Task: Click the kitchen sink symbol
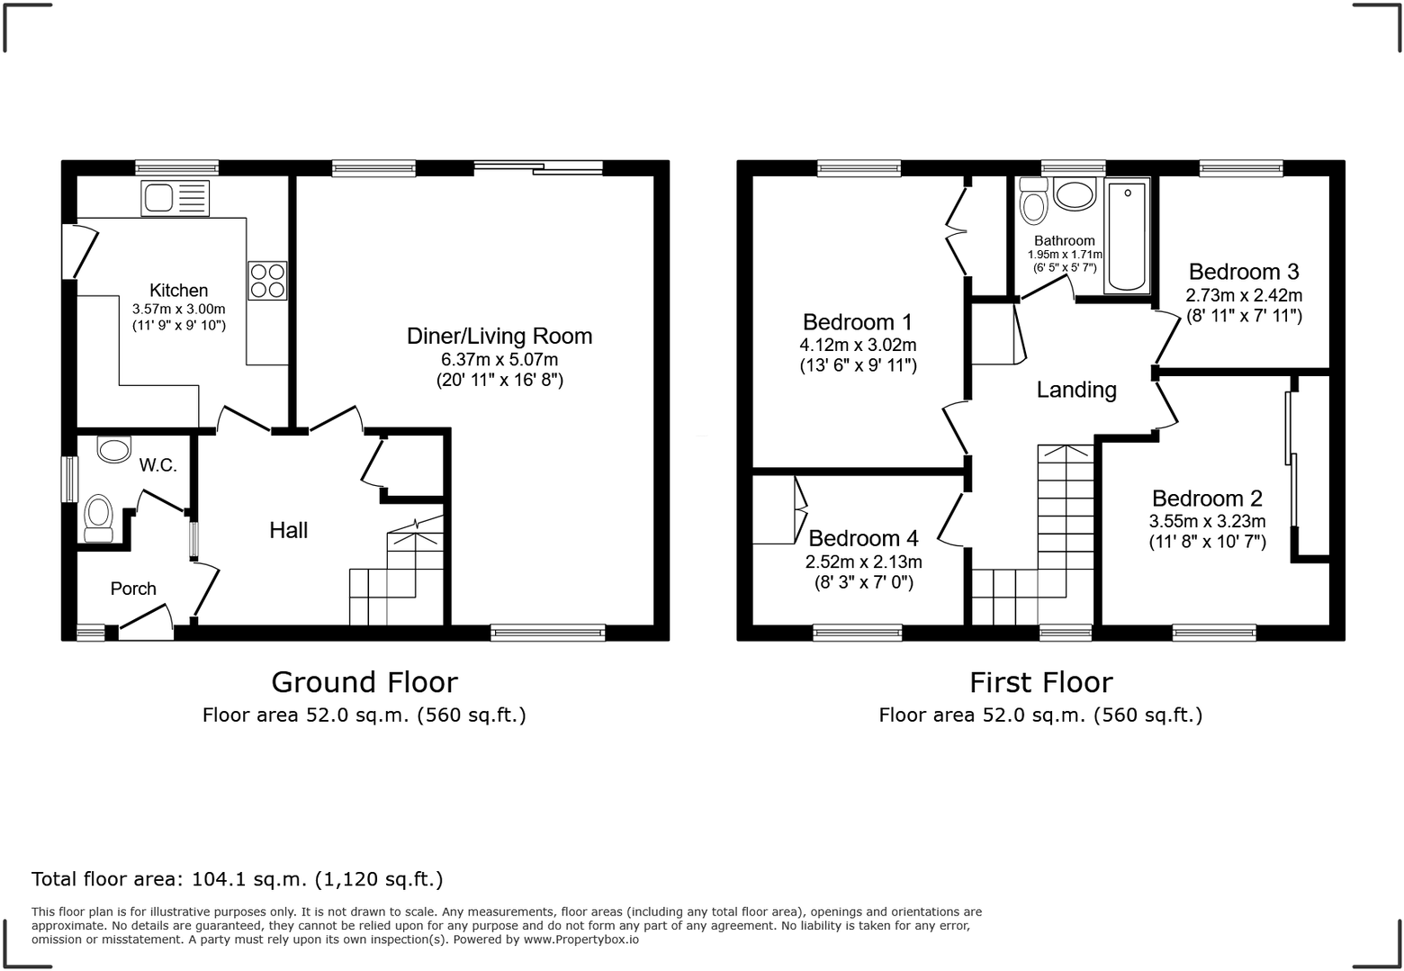tap(175, 198)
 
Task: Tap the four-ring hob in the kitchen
tap(267, 280)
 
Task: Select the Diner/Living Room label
tap(499, 337)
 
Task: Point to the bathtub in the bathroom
tap(1127, 235)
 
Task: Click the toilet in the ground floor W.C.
tap(98, 519)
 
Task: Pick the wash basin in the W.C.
tap(114, 448)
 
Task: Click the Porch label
tap(133, 589)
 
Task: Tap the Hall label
tap(289, 530)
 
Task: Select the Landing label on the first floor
tap(1076, 390)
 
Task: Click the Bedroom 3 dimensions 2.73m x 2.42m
tap(1244, 295)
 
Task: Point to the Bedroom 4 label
tap(863, 538)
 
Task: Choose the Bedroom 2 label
tap(1207, 499)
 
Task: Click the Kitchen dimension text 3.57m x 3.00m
tap(178, 309)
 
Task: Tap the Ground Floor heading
tap(364, 682)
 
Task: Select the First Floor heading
tap(1040, 682)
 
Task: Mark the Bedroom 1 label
tap(858, 322)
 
